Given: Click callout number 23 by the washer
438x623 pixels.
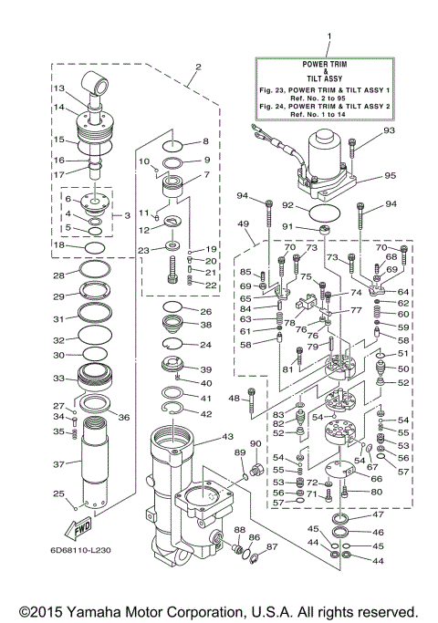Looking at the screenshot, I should [x=143, y=250].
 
